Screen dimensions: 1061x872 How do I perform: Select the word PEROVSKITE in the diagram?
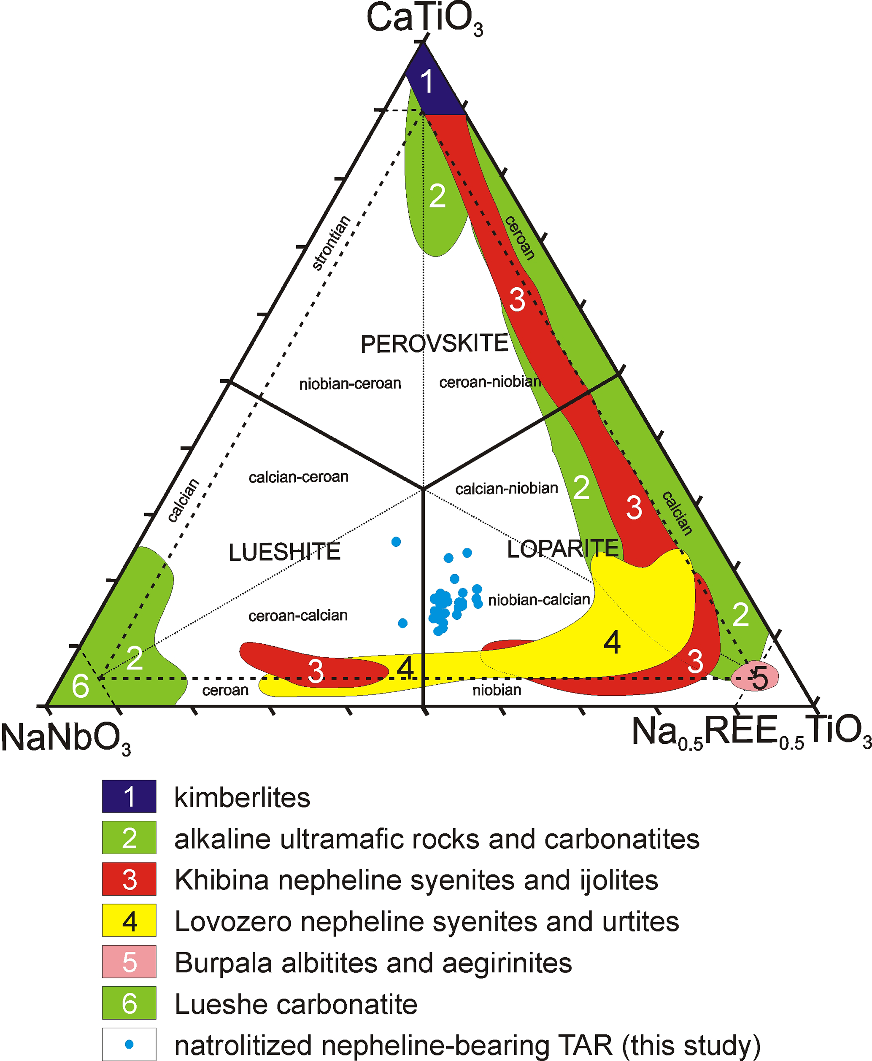coord(435,344)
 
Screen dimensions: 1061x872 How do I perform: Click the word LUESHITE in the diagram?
coord(284,553)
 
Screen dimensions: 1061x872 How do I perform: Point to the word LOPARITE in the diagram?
coord(563,548)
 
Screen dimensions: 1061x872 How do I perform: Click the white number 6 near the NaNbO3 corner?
coord(81,686)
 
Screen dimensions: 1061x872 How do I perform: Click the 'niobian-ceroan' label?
coord(350,384)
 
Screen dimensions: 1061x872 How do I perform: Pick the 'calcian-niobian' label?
coord(506,488)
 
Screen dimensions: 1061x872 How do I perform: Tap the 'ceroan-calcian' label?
coord(298,616)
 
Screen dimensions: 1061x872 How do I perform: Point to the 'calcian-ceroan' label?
coord(298,477)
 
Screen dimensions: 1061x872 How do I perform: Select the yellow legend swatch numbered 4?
coord(129,921)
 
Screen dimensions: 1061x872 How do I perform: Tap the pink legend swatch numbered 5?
coord(129,961)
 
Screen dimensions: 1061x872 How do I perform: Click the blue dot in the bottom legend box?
coord(129,1045)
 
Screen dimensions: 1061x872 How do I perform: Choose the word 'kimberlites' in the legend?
coord(242,797)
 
